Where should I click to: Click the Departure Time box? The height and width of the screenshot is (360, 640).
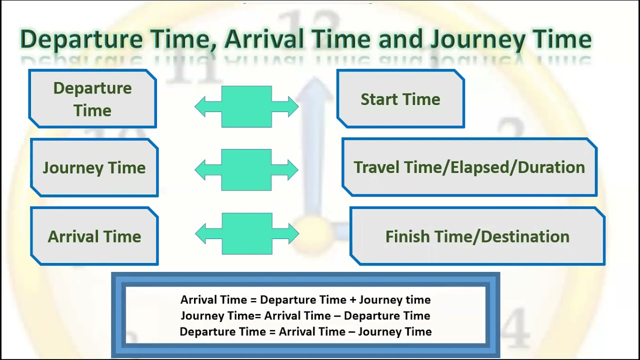pyautogui.click(x=92, y=99)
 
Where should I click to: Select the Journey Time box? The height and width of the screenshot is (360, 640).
pyautogui.click(x=94, y=168)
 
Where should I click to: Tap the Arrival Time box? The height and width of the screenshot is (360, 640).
pyautogui.click(x=94, y=236)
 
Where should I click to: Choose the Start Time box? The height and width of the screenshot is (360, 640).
pyautogui.click(x=400, y=99)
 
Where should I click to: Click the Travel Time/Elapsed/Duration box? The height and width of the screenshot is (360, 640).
pyautogui.click(x=469, y=167)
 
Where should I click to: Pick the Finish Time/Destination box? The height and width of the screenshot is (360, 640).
pyautogui.click(x=477, y=236)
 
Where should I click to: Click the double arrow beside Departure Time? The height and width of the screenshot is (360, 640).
pyautogui.click(x=246, y=106)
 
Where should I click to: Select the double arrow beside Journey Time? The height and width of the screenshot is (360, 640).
pyautogui.click(x=246, y=170)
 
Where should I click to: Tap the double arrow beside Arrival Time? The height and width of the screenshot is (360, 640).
pyautogui.click(x=246, y=233)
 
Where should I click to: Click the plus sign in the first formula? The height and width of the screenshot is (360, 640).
pyautogui.click(x=352, y=300)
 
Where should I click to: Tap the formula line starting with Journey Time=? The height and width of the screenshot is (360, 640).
pyautogui.click(x=305, y=316)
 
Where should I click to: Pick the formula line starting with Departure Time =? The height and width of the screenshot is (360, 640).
pyautogui.click(x=305, y=331)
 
